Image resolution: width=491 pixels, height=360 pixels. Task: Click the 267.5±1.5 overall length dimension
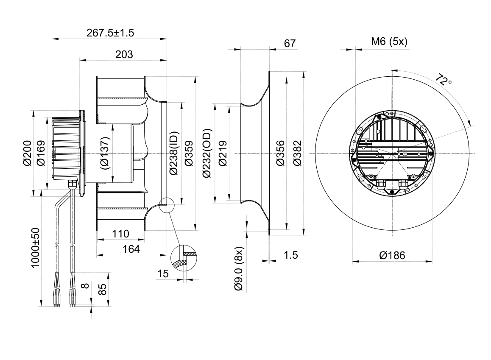110,33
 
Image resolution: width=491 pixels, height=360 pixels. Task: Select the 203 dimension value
124,54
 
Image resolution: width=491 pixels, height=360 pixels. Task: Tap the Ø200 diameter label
27,153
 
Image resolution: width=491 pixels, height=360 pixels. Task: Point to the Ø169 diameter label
41,153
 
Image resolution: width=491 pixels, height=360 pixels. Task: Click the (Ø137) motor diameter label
106,153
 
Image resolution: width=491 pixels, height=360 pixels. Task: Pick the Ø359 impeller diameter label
189,153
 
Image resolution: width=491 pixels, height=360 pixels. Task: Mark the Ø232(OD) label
207,153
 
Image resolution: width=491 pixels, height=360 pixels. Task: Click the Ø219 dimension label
222,153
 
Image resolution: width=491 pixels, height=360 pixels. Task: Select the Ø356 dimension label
280,153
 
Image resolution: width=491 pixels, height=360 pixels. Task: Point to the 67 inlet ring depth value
290,43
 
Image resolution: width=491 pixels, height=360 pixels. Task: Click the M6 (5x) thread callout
389,41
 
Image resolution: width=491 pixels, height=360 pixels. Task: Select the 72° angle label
444,80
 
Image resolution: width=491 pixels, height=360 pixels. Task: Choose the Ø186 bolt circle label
392,255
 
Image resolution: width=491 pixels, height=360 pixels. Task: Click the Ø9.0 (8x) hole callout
239,268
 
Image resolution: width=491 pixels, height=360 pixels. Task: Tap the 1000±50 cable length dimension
35,248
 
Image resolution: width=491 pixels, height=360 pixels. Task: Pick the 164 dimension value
131,249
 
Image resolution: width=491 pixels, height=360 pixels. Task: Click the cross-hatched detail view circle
184,258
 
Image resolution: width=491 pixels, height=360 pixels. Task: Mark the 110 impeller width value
120,234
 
